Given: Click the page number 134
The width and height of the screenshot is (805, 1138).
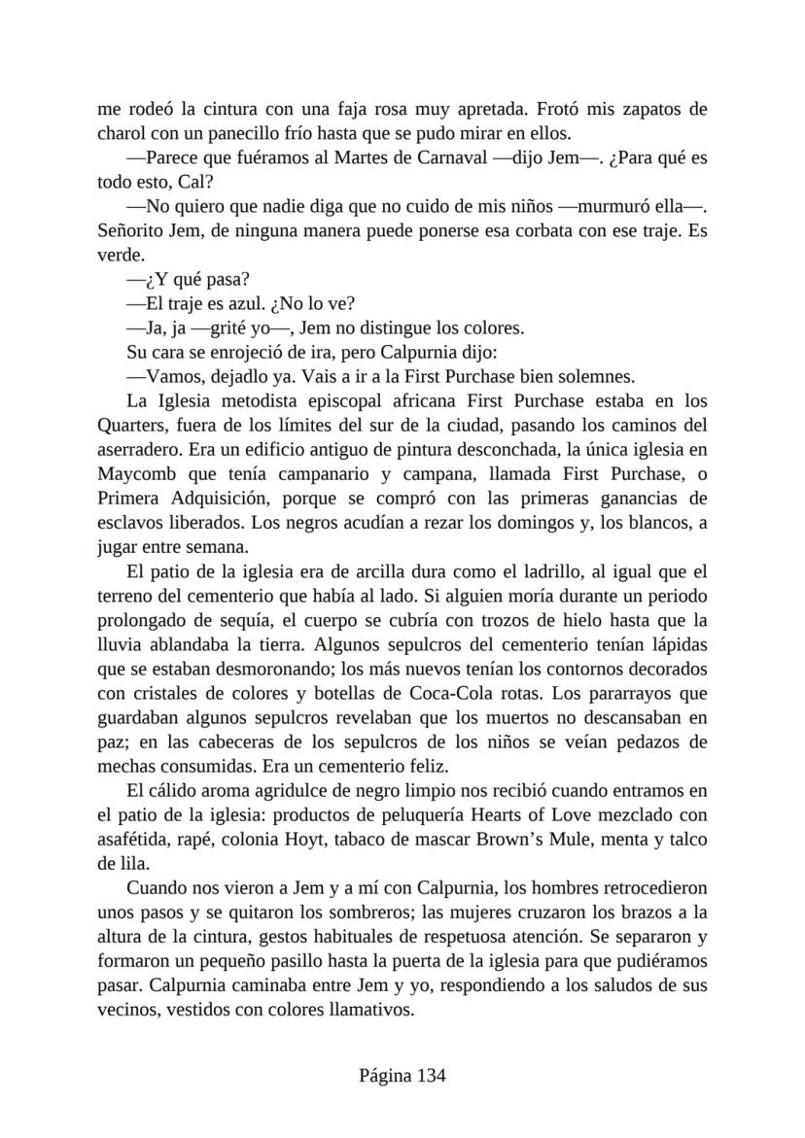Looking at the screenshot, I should pyautogui.click(x=432, y=1075).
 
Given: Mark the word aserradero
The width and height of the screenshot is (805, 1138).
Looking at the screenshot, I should pyautogui.click(x=138, y=449).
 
